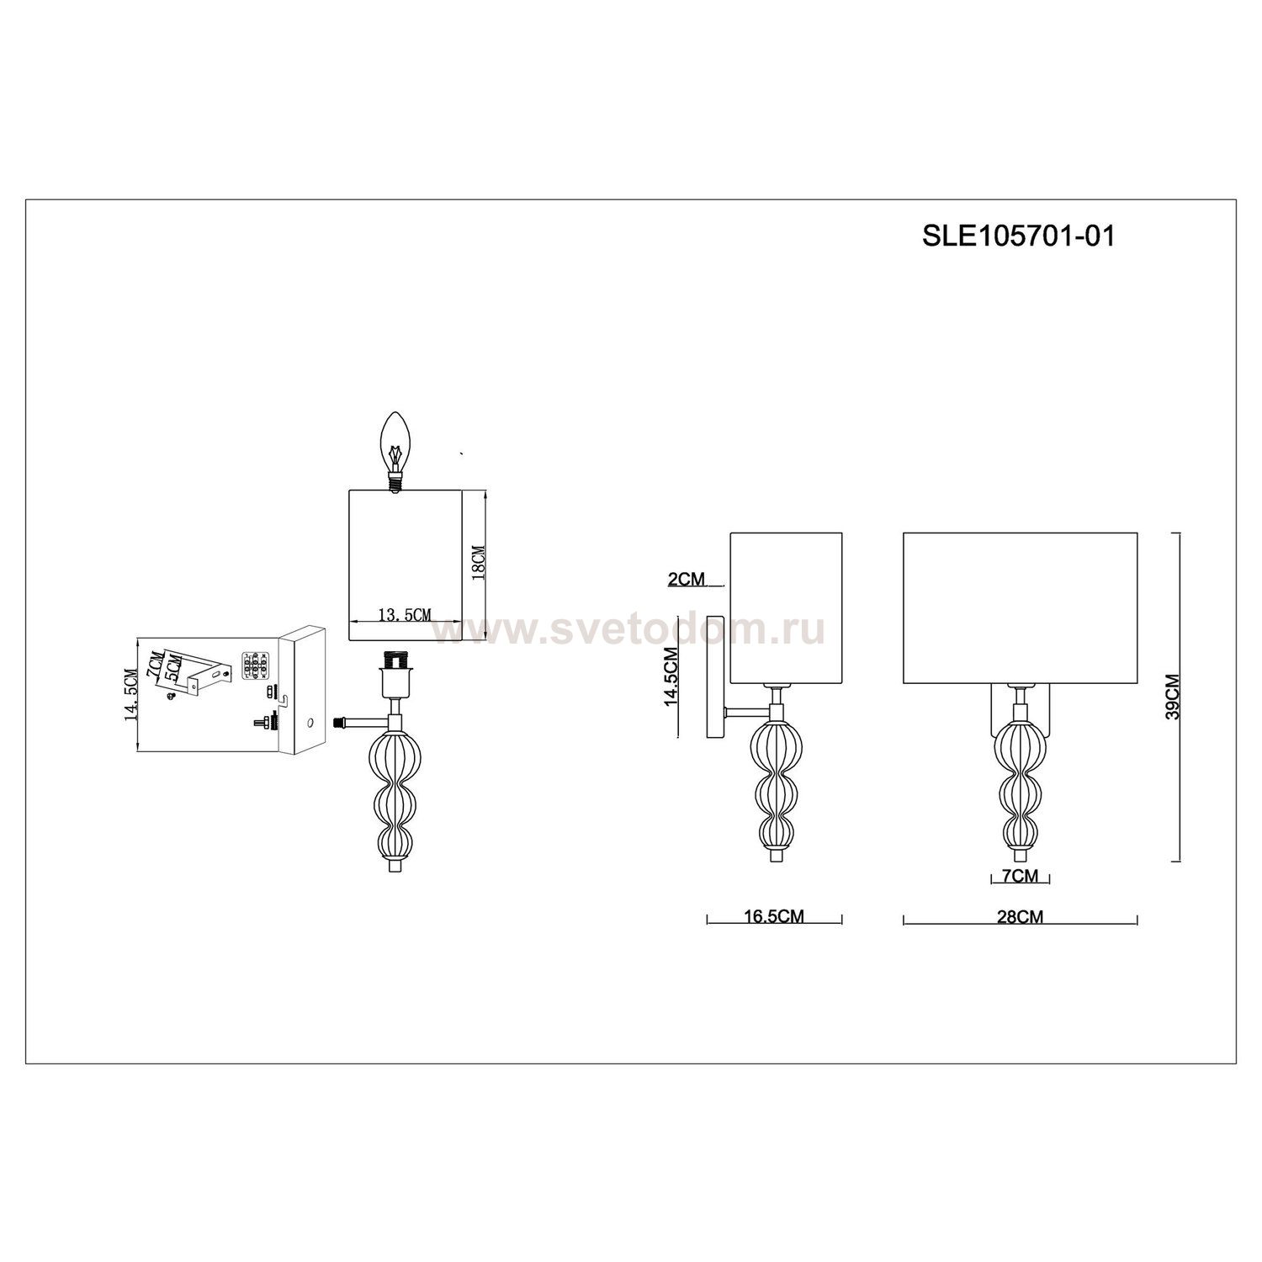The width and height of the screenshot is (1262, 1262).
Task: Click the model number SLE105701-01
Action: tap(1018, 236)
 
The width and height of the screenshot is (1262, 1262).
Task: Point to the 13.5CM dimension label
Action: tap(405, 615)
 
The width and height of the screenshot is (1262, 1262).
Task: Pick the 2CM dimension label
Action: tap(684, 579)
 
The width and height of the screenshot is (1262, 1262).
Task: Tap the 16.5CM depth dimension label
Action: tap(774, 916)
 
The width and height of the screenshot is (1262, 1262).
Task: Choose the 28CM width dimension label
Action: tap(1021, 916)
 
